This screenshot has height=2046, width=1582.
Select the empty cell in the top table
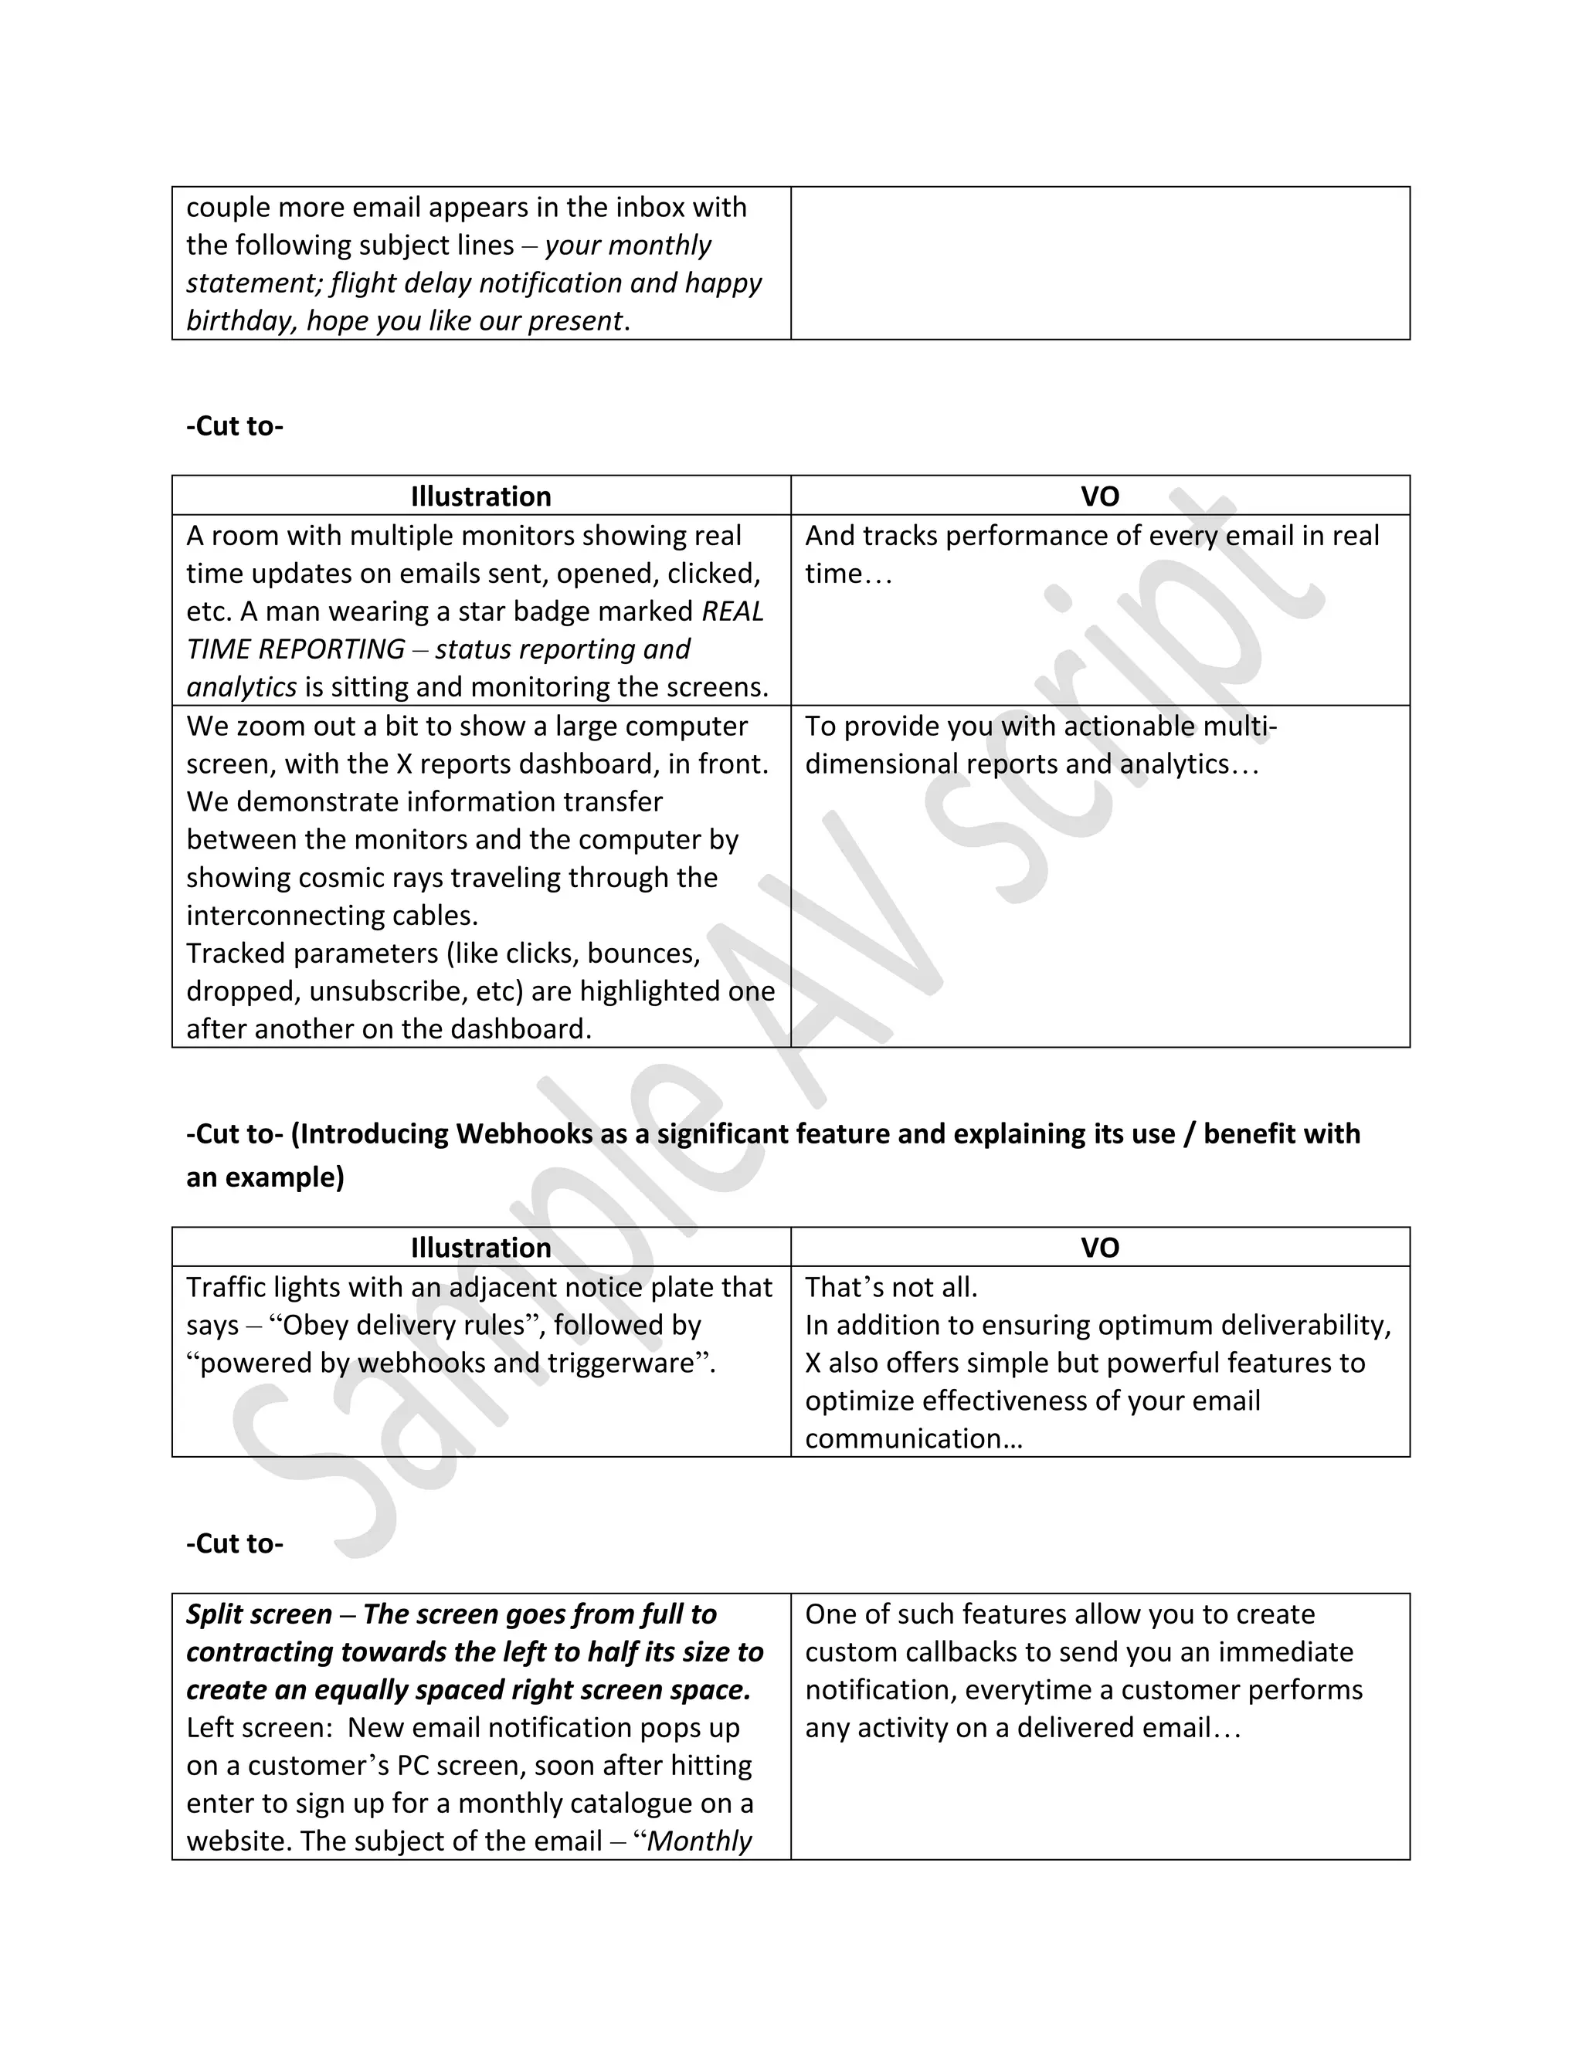pos(1099,263)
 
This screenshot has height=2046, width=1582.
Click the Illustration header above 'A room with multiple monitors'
pos(480,496)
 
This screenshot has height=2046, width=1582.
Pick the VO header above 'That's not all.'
pos(1099,1247)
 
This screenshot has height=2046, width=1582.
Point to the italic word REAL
pos(732,611)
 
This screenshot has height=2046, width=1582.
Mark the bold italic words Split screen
pos(259,1613)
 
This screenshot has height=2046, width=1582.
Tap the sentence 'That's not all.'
pos(891,1287)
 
